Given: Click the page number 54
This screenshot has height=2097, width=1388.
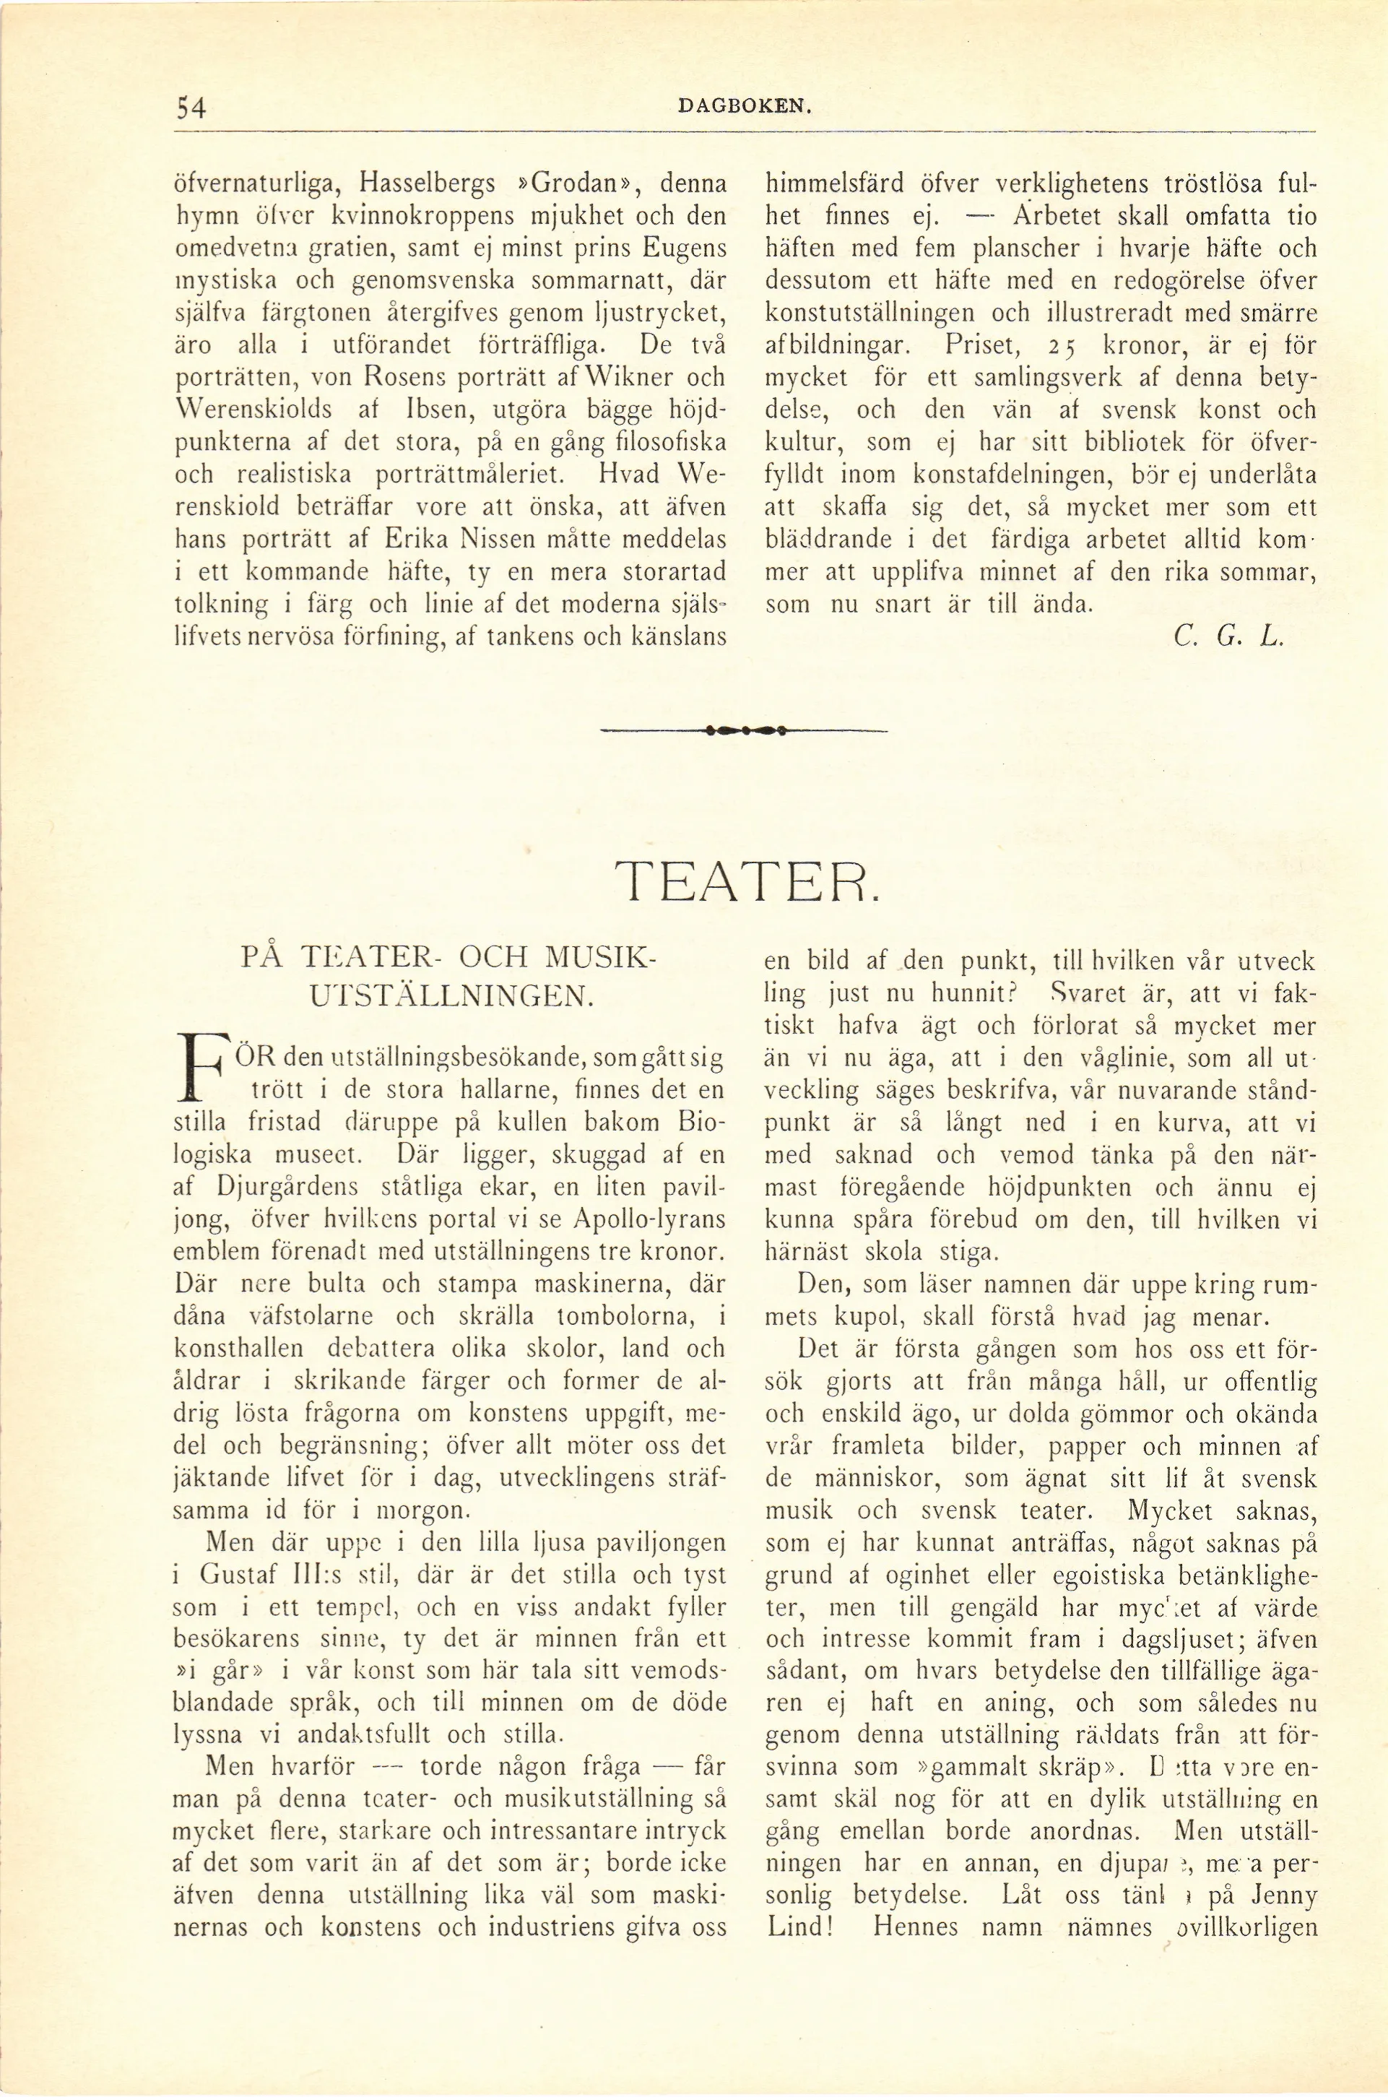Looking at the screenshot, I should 191,107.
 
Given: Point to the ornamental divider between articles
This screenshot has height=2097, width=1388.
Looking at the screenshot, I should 745,731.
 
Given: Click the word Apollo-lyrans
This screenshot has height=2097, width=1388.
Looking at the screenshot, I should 650,1220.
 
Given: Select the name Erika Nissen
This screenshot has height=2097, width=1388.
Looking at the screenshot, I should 456,538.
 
